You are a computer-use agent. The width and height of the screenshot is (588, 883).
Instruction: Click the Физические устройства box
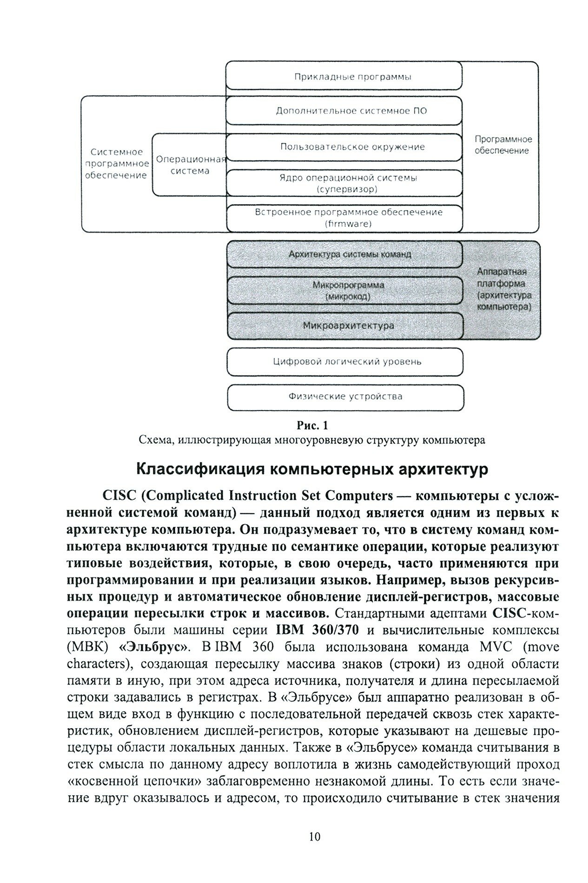tap(345, 397)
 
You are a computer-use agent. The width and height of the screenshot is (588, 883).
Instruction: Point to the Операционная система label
tap(190, 165)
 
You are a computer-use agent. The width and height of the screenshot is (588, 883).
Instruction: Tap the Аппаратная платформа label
tap(504, 289)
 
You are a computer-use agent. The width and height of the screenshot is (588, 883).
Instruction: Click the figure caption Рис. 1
tap(312, 425)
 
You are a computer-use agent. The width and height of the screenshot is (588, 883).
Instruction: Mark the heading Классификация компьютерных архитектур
tap(312, 469)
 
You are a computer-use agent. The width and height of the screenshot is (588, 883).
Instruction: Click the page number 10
tap(314, 824)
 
